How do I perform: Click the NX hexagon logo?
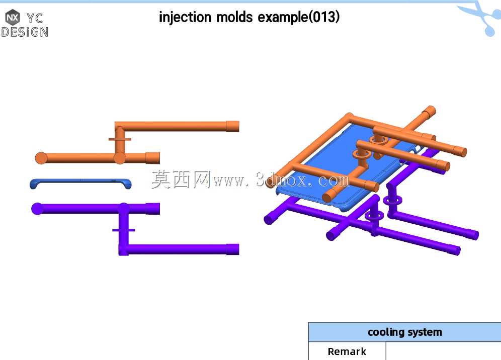[13, 17]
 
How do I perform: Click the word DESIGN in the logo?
[25, 32]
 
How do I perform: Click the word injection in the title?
[185, 17]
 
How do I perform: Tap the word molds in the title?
[234, 17]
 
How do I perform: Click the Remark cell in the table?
[347, 351]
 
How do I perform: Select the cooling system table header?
[405, 332]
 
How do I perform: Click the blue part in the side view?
[80, 184]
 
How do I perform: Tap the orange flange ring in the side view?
[120, 139]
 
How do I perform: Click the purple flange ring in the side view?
[123, 230]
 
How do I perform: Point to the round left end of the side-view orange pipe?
[41, 158]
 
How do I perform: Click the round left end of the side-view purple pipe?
[37, 209]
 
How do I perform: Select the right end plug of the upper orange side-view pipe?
[232, 126]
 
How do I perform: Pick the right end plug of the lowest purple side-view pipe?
[233, 249]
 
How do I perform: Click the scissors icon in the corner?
[482, 18]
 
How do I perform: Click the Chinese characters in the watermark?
[181, 179]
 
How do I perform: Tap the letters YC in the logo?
[35, 18]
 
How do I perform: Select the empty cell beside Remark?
[444, 351]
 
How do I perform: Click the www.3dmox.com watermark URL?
[281, 180]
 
